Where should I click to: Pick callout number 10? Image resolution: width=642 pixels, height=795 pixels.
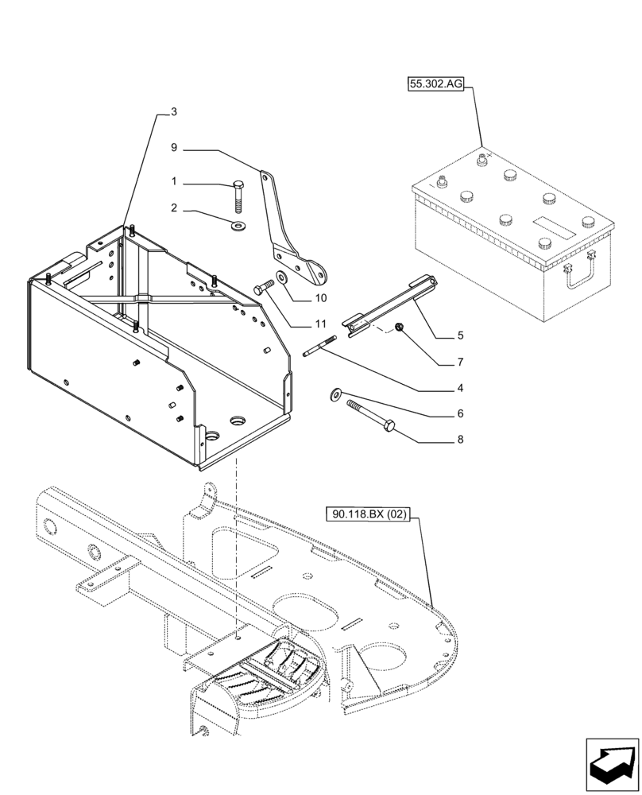(320, 299)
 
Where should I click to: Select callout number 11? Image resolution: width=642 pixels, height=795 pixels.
(320, 324)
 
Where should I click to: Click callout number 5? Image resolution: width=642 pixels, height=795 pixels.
(460, 335)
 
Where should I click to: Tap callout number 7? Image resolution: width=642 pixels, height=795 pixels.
(460, 362)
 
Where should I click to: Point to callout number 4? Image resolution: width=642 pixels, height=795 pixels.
(460, 389)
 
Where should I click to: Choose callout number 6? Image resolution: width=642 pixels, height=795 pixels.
(460, 413)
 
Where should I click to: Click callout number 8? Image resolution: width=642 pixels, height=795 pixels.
(460, 439)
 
